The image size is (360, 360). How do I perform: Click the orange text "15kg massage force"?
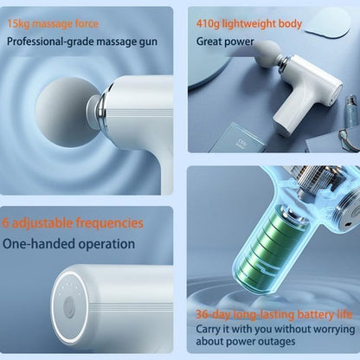pos(52,22)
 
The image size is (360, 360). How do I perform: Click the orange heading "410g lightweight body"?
pos(249,23)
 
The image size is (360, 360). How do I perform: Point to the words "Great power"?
pos(224,41)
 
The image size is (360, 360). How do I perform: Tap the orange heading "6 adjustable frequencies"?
pos(73,222)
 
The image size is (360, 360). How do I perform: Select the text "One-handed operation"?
pos(68,244)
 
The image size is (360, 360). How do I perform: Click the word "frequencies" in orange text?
pos(108,222)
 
